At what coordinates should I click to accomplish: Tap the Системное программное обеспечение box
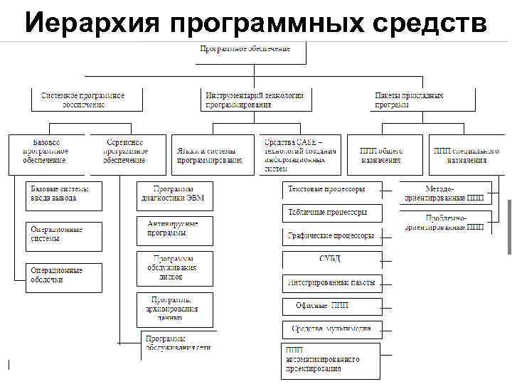point(85,100)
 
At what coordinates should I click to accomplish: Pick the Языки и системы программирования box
point(213,154)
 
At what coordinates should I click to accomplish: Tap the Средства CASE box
point(299,154)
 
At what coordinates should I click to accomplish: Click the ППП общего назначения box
point(383,154)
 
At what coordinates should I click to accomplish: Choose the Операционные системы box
point(63,234)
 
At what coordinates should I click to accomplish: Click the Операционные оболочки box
point(63,274)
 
